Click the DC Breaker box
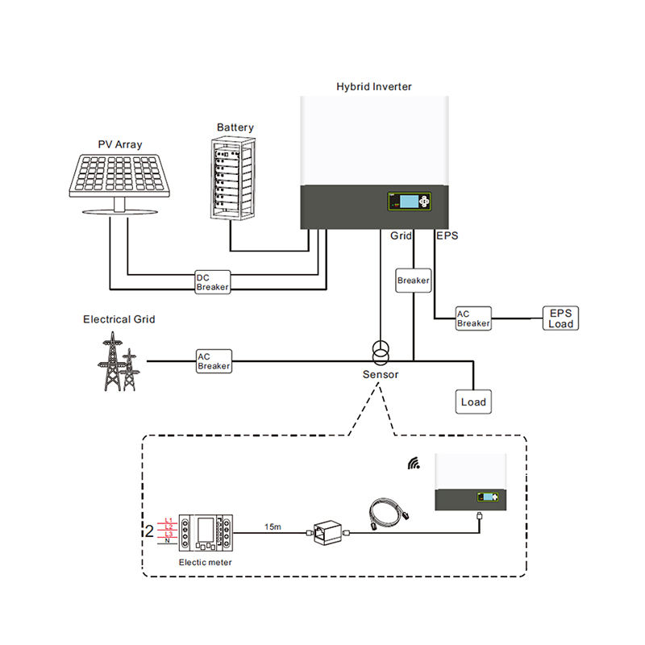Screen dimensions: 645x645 coord(213,282)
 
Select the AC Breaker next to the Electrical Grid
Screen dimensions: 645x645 coord(214,360)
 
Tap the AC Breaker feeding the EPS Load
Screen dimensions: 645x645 coord(473,318)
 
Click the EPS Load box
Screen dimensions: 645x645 coord(560,318)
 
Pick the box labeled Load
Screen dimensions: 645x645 coord(473,402)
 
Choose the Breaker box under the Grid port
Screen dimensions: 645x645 coord(413,281)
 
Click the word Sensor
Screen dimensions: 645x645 coord(381,375)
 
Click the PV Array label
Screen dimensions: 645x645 coord(120,144)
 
